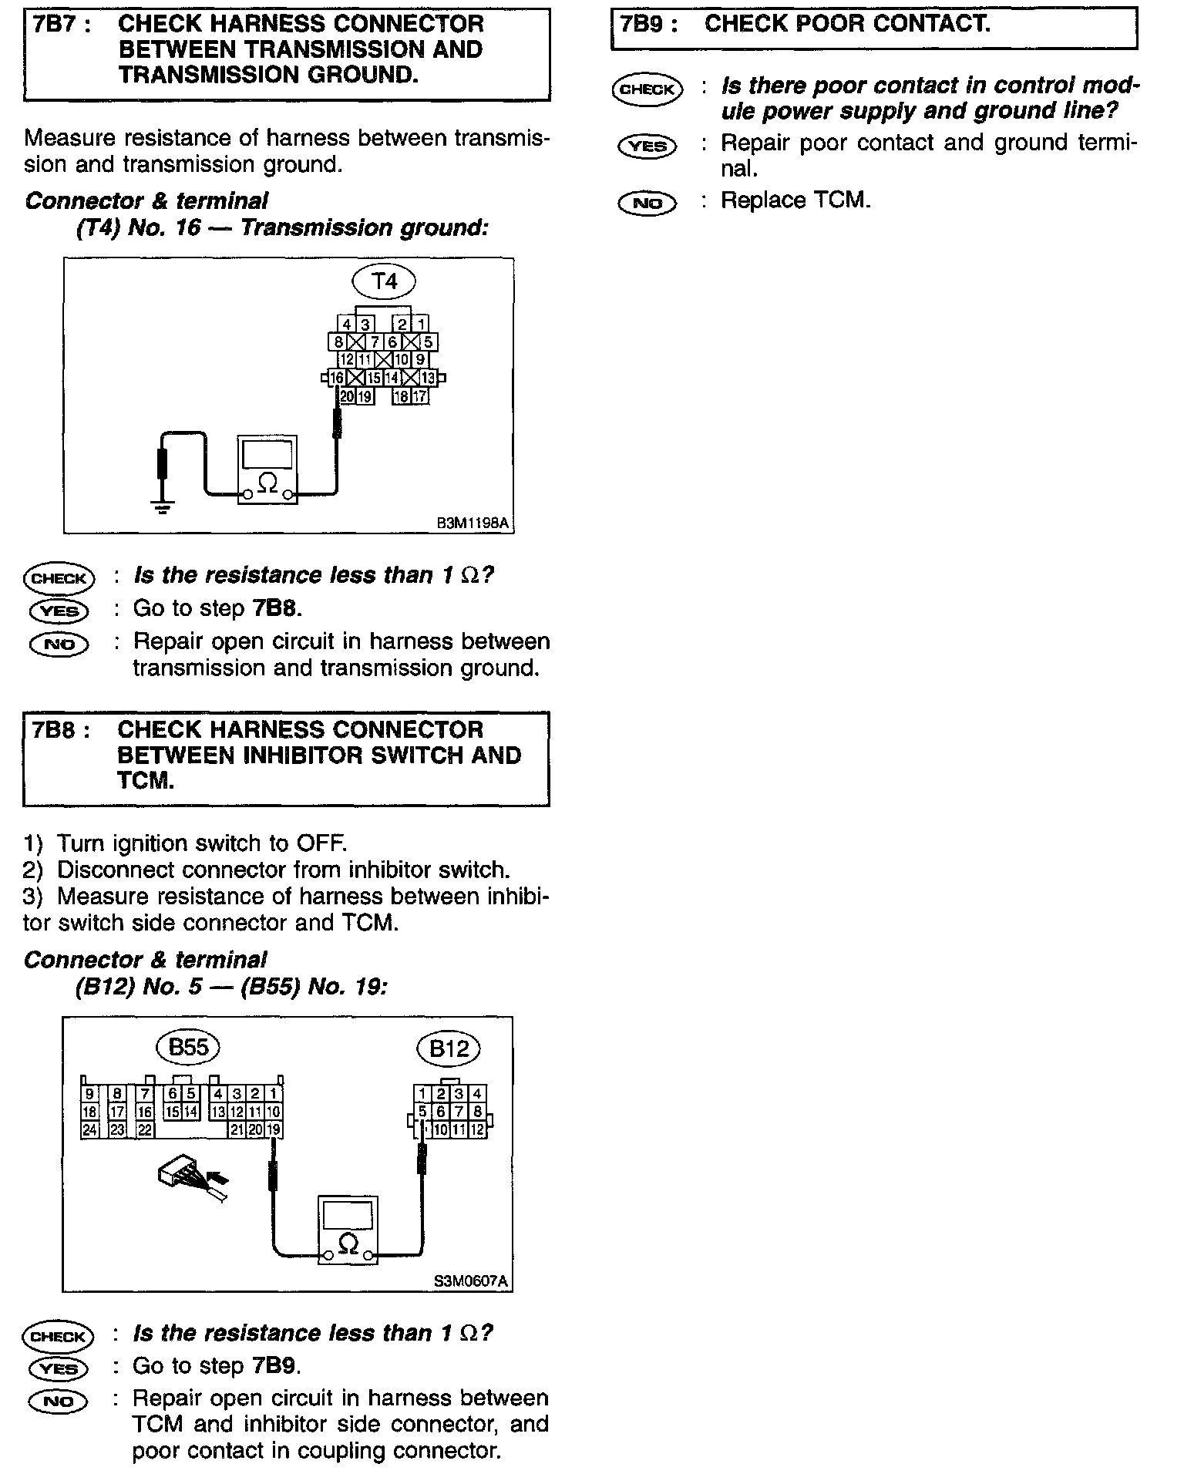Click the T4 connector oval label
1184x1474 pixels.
(x=384, y=281)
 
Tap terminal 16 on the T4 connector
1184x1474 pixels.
(x=336, y=378)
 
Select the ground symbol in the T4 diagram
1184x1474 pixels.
(x=163, y=507)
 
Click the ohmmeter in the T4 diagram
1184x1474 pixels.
(x=267, y=469)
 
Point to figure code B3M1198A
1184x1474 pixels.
(x=473, y=523)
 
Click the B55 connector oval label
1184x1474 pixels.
(x=188, y=1047)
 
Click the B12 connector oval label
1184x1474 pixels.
(x=449, y=1048)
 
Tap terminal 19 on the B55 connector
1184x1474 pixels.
(x=274, y=1130)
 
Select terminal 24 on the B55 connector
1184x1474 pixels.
(x=89, y=1130)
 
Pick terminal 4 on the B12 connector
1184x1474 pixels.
(x=477, y=1093)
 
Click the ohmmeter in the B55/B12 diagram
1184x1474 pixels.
(x=348, y=1230)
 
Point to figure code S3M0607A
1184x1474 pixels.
(x=471, y=1281)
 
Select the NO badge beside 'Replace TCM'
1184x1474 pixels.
(x=647, y=203)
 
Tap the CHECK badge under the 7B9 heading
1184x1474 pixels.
(x=647, y=89)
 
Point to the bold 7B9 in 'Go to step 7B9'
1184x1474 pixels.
(x=273, y=1366)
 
